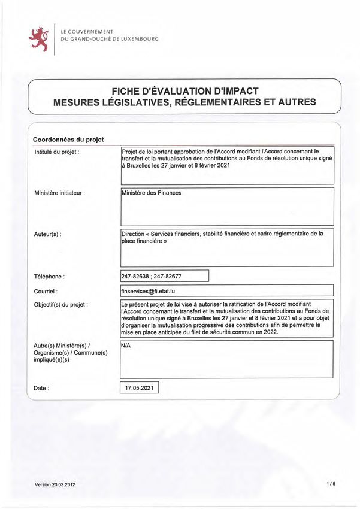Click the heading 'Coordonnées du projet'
(68, 140)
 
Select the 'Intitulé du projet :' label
(58, 152)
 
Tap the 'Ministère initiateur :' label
(59, 193)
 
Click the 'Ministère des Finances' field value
(151, 193)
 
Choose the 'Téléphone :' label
(49, 277)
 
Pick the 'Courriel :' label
(46, 291)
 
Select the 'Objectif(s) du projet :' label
(62, 305)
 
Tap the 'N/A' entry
(126, 346)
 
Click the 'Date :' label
(41, 389)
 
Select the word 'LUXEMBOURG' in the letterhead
(134, 39)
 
